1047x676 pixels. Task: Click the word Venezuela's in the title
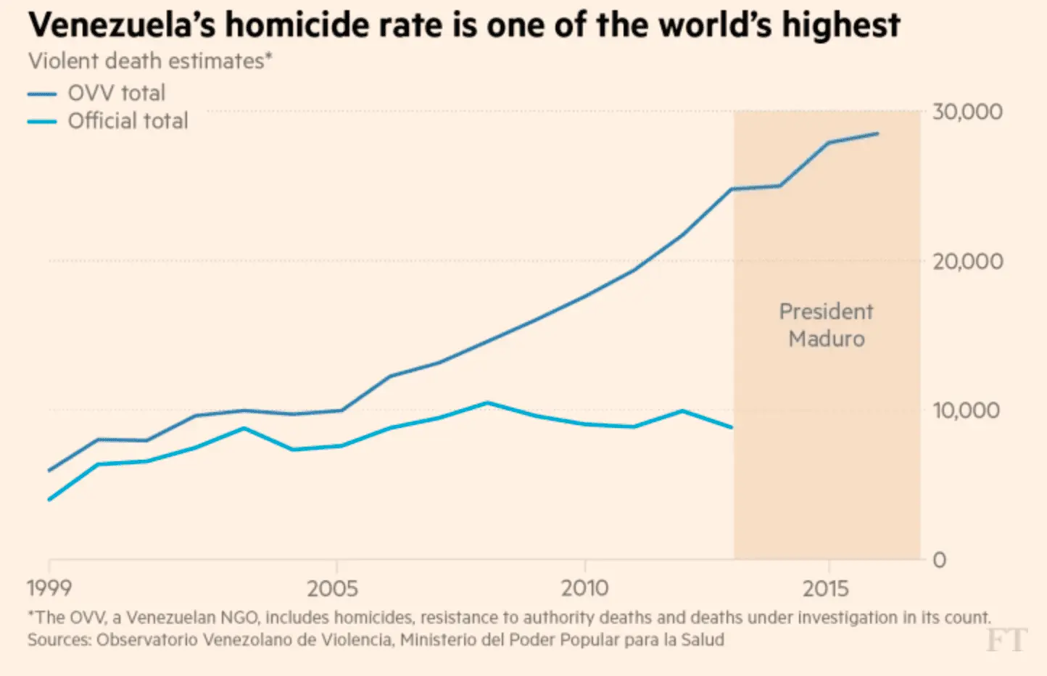pos(122,25)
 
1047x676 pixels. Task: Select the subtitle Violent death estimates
pos(149,61)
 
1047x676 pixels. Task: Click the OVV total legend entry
pos(116,93)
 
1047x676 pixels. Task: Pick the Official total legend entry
pos(128,120)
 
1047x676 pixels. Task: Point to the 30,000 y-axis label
pos(967,112)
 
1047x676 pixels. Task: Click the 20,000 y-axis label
pos(967,261)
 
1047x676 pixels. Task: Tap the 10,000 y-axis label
pos(966,411)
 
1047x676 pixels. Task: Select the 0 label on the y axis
pos(940,560)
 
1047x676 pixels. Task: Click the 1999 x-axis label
pos(49,588)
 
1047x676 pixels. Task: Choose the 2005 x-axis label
pos(332,588)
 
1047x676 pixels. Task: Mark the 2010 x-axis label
pos(584,588)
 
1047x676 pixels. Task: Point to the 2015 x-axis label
pos(826,588)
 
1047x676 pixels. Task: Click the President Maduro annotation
pos(826,325)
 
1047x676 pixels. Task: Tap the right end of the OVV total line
pos(878,133)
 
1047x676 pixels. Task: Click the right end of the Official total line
pos(732,427)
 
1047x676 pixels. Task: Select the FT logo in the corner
pos(1006,640)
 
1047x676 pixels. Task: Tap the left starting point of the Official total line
pos(49,500)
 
